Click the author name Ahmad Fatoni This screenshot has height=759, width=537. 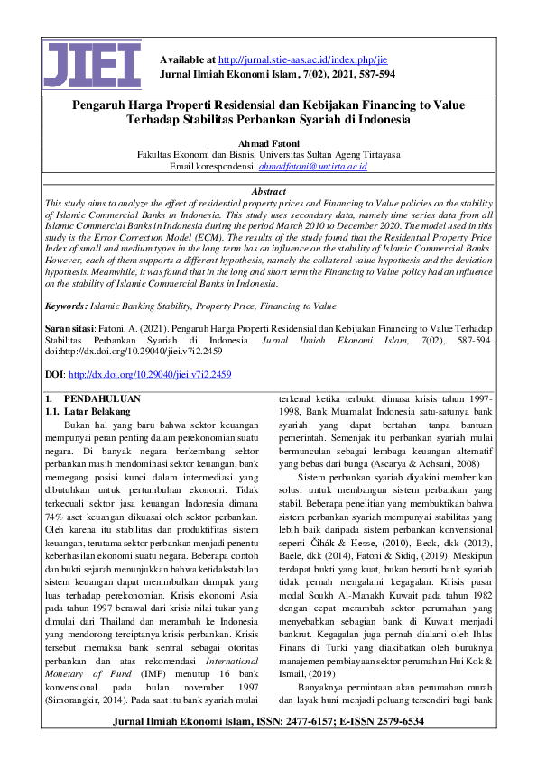[268, 142]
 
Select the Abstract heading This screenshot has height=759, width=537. [268, 192]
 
